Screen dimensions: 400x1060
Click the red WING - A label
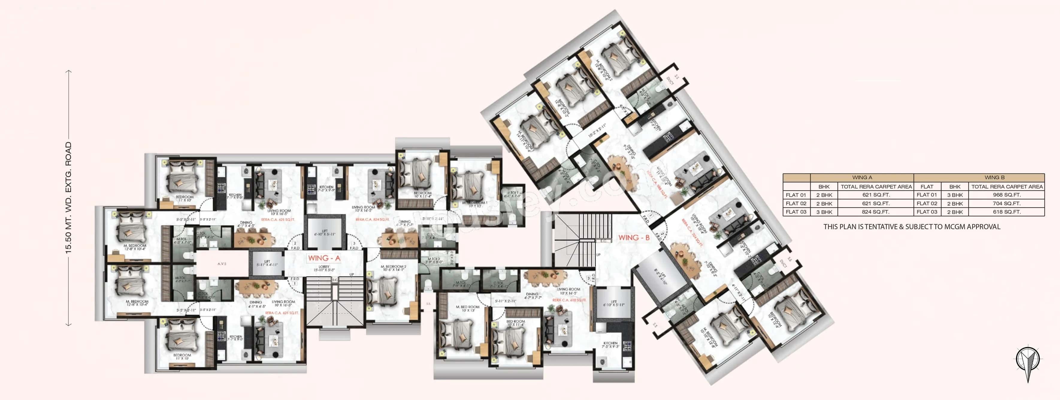[324, 258]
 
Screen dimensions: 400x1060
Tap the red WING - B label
[634, 237]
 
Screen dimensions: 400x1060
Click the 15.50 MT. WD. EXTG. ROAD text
[68, 198]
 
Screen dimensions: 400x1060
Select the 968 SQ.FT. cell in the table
[1006, 195]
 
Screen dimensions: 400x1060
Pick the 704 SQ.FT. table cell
[1006, 203]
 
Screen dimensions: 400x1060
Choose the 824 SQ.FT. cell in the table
[876, 212]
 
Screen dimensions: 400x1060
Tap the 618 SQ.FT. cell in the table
[1006, 212]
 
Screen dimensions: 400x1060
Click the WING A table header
[862, 178]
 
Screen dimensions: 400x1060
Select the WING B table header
[994, 178]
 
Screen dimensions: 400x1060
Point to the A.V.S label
[222, 264]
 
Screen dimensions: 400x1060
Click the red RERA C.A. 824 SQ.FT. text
[372, 220]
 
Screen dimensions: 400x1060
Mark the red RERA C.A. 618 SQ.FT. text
[569, 300]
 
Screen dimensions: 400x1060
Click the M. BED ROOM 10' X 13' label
[468, 308]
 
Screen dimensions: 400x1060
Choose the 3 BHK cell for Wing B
[955, 195]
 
